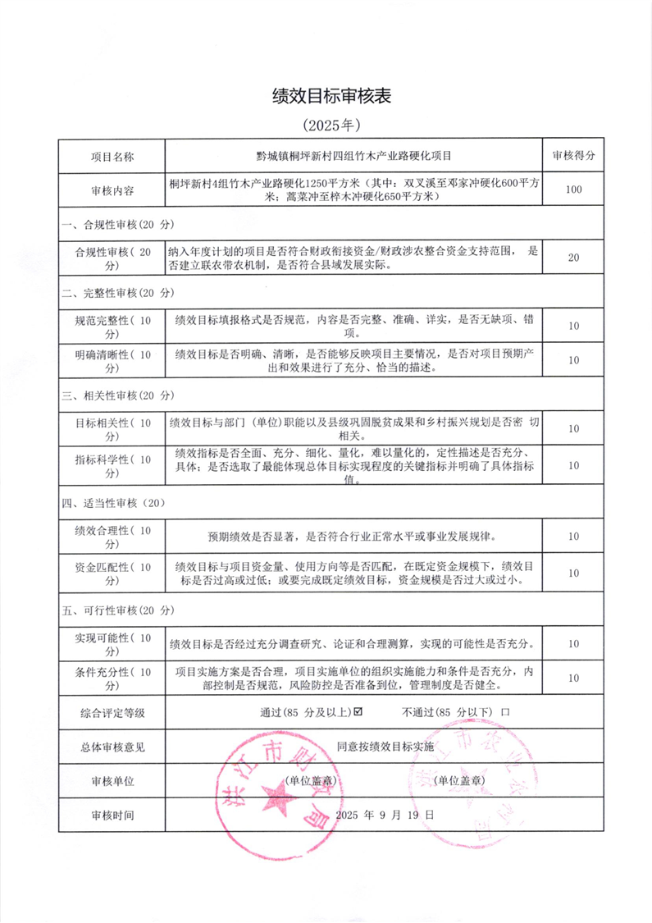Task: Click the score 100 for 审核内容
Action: [x=573, y=190]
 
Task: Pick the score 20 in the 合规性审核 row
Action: [x=573, y=258]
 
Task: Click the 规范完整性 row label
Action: [x=112, y=326]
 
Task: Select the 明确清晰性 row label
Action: [x=112, y=360]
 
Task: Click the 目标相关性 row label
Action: [x=112, y=428]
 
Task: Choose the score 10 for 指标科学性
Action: [x=573, y=465]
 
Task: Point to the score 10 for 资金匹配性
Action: [x=573, y=572]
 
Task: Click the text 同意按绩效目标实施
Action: [x=385, y=747]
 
